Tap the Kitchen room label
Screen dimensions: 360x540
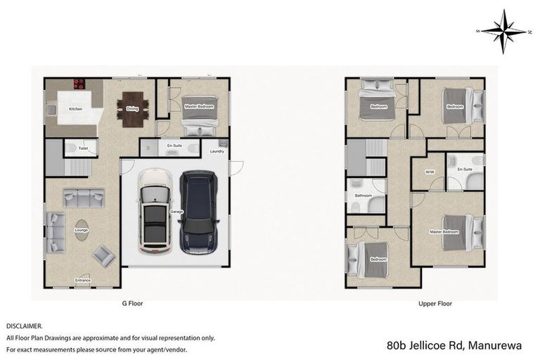[75, 110]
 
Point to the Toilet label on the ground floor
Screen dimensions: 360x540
[83, 148]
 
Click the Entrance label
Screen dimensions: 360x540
[83, 281]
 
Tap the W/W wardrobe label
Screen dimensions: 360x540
[428, 172]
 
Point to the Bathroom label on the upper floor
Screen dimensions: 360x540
[363, 195]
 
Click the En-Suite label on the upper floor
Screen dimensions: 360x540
[464, 169]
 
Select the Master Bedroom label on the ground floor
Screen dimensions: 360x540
[198, 106]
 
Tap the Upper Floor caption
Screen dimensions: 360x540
[435, 304]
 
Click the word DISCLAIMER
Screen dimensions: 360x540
[25, 326]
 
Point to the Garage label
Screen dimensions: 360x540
[176, 211]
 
